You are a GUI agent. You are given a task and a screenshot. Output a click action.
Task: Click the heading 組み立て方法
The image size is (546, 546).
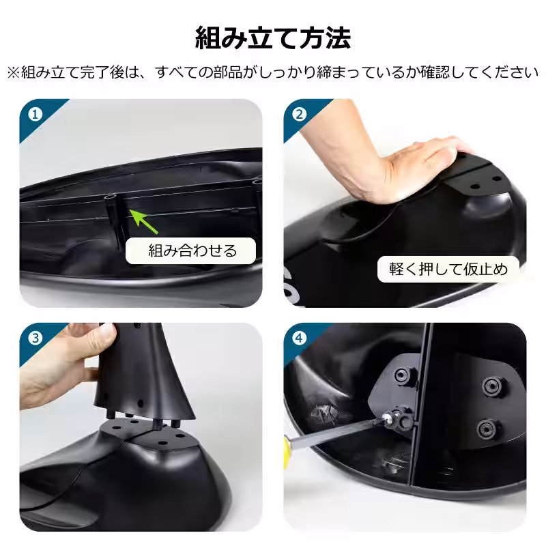(x=273, y=38)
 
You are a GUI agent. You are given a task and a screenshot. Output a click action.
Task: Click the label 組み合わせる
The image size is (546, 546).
(x=192, y=250)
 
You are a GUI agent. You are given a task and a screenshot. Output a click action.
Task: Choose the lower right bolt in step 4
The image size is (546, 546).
(x=485, y=429)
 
